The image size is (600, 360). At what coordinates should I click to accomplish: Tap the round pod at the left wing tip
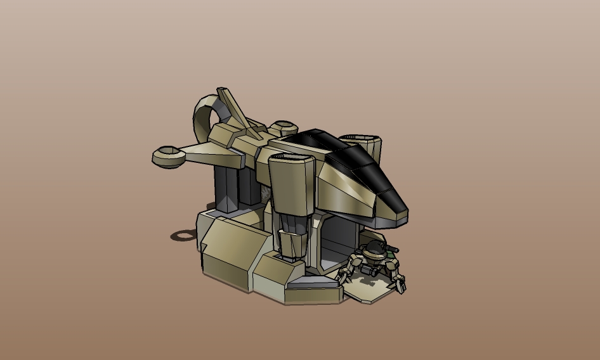coord(167,156)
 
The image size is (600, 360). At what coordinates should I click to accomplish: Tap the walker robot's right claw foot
coord(400,286)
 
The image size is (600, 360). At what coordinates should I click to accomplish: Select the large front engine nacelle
coord(290,184)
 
